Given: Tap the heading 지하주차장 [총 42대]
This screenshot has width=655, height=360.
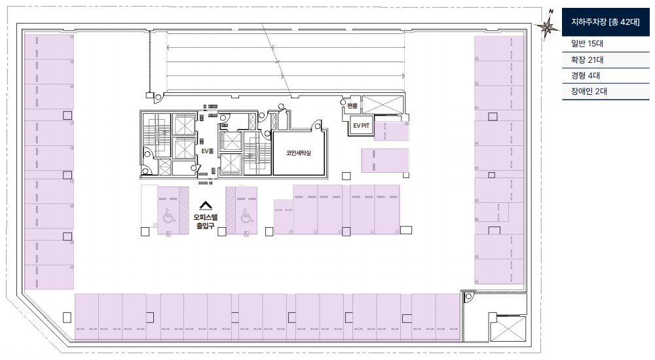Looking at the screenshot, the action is tap(605, 22).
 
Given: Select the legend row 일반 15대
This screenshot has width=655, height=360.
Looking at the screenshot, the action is tap(587, 43).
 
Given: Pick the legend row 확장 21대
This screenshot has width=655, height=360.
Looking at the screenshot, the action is tap(587, 60).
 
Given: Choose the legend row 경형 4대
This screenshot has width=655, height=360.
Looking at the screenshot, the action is tap(585, 75).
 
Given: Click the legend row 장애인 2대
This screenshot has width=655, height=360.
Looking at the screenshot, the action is tap(589, 91).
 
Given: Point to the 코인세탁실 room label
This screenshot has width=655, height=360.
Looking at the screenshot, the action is tap(298, 153).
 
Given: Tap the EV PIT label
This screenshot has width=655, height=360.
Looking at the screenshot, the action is tap(362, 125).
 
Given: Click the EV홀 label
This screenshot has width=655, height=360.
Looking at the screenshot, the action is tap(207, 151).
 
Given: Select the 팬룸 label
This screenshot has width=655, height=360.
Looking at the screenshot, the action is tap(352, 105).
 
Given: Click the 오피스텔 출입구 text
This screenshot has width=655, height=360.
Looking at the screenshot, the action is tap(206, 221).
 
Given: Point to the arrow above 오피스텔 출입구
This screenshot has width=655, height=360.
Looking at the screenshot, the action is tap(206, 206).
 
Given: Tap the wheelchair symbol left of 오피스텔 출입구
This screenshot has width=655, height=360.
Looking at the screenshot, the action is tap(169, 217).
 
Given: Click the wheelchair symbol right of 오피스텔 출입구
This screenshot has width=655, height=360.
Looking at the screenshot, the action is tap(246, 217).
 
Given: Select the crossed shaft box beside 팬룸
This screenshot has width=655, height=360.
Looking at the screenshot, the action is tap(383, 105).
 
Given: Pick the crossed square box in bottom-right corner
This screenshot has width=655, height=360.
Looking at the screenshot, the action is tap(508, 329).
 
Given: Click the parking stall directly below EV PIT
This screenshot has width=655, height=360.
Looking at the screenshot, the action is tap(391, 131).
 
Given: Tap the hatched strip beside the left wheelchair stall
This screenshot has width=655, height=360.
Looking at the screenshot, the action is tap(184, 210).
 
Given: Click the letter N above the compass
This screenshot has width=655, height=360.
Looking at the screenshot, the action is tap(551, 12).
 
